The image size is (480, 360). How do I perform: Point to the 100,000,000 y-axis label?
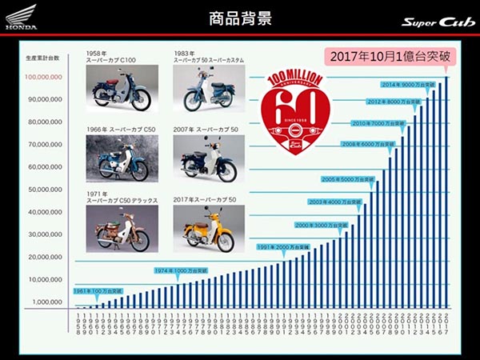45,78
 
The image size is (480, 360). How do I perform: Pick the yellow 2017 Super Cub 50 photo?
203,229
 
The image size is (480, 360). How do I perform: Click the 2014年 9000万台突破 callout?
409,84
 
